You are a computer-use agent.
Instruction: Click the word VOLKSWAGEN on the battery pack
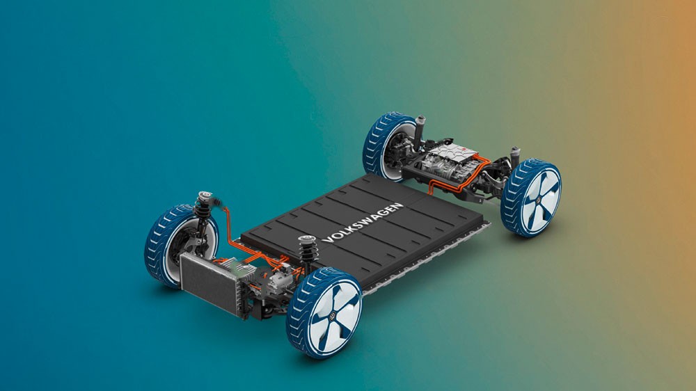(363, 223)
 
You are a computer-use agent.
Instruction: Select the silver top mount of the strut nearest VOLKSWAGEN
(307, 239)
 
